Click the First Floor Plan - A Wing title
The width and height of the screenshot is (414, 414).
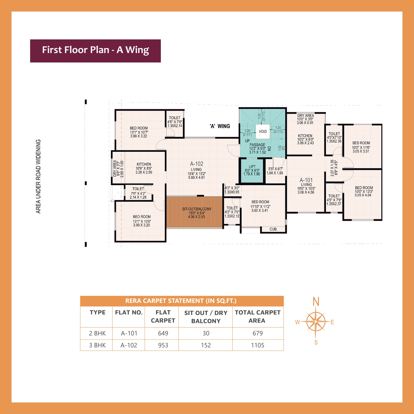point(95,50)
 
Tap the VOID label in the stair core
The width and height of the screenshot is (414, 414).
point(263,131)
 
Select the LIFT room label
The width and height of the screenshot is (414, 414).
point(252,167)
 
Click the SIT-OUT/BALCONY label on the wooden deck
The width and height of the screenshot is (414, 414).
point(197,209)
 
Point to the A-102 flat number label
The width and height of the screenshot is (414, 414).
point(196,164)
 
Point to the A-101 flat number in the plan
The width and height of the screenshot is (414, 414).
point(306,180)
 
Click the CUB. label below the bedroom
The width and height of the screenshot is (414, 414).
point(273,229)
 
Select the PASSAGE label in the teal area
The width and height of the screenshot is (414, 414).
point(257,145)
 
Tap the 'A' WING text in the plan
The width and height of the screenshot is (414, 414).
point(220,126)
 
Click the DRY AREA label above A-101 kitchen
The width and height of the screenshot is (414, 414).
point(305,116)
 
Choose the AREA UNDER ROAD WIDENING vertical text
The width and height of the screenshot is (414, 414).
point(38,176)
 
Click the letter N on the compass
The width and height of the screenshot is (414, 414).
point(316,302)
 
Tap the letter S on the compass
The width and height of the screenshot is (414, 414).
point(316,342)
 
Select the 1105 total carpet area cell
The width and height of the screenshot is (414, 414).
point(257,345)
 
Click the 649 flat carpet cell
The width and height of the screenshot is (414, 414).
point(163,333)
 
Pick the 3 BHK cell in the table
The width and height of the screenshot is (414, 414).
point(97,345)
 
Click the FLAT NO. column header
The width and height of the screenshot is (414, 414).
point(129,313)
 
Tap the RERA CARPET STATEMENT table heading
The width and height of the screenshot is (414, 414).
point(181,301)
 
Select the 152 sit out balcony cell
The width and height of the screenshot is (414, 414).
point(206,345)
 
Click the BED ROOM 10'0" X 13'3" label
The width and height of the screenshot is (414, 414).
point(364,188)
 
